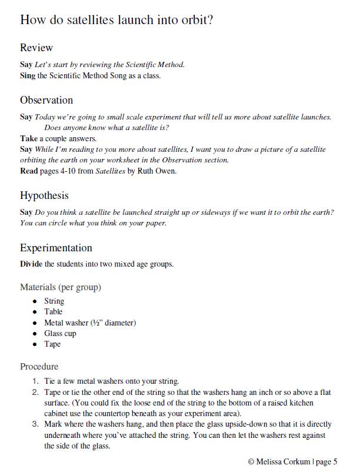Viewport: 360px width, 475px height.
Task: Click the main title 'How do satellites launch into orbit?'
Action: (116, 19)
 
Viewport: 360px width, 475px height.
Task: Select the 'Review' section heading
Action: (36, 48)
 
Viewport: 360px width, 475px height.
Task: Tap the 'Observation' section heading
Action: (46, 100)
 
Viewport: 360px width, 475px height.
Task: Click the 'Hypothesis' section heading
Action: (44, 195)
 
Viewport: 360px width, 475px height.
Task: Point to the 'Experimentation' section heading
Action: (56, 248)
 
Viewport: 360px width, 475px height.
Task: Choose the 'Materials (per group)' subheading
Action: (61, 287)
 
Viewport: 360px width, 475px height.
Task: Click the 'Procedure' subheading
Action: (39, 366)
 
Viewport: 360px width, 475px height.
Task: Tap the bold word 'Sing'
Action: (26, 75)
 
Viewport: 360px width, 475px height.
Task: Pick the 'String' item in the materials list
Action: (54, 301)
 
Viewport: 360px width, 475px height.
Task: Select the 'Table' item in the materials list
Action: (53, 312)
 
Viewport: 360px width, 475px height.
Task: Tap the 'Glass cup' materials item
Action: (60, 333)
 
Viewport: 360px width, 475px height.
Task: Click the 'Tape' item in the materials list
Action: (52, 344)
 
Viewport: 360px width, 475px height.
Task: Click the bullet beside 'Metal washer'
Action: (35, 323)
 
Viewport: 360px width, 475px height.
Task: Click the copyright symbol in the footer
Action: (251, 461)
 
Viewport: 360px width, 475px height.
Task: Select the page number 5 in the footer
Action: (335, 461)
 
